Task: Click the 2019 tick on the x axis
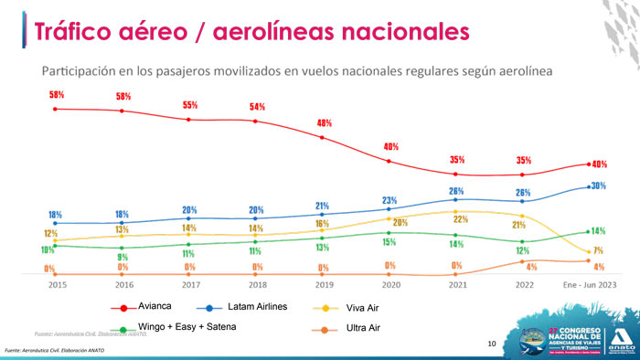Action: tap(323, 285)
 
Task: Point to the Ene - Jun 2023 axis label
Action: tap(588, 285)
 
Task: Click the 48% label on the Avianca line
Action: tap(324, 122)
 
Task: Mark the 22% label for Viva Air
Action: tap(461, 219)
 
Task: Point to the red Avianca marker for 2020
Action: tap(390, 162)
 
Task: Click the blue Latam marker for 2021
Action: tap(456, 199)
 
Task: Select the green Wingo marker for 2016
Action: tap(122, 248)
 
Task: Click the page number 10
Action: tap(491, 344)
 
